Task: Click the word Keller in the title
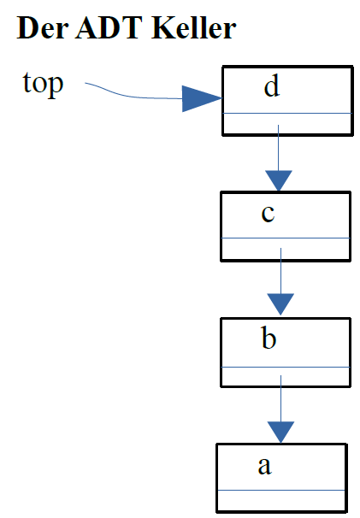click(194, 29)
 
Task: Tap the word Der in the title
click(40, 29)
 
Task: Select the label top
click(43, 84)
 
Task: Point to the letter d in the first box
click(272, 87)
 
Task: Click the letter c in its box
click(268, 213)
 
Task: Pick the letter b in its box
click(269, 339)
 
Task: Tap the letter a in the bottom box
click(264, 465)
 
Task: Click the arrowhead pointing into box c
click(279, 180)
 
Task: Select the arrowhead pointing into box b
click(280, 304)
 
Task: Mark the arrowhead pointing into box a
click(280, 431)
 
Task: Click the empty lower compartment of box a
click(281, 501)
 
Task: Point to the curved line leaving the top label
click(128, 94)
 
